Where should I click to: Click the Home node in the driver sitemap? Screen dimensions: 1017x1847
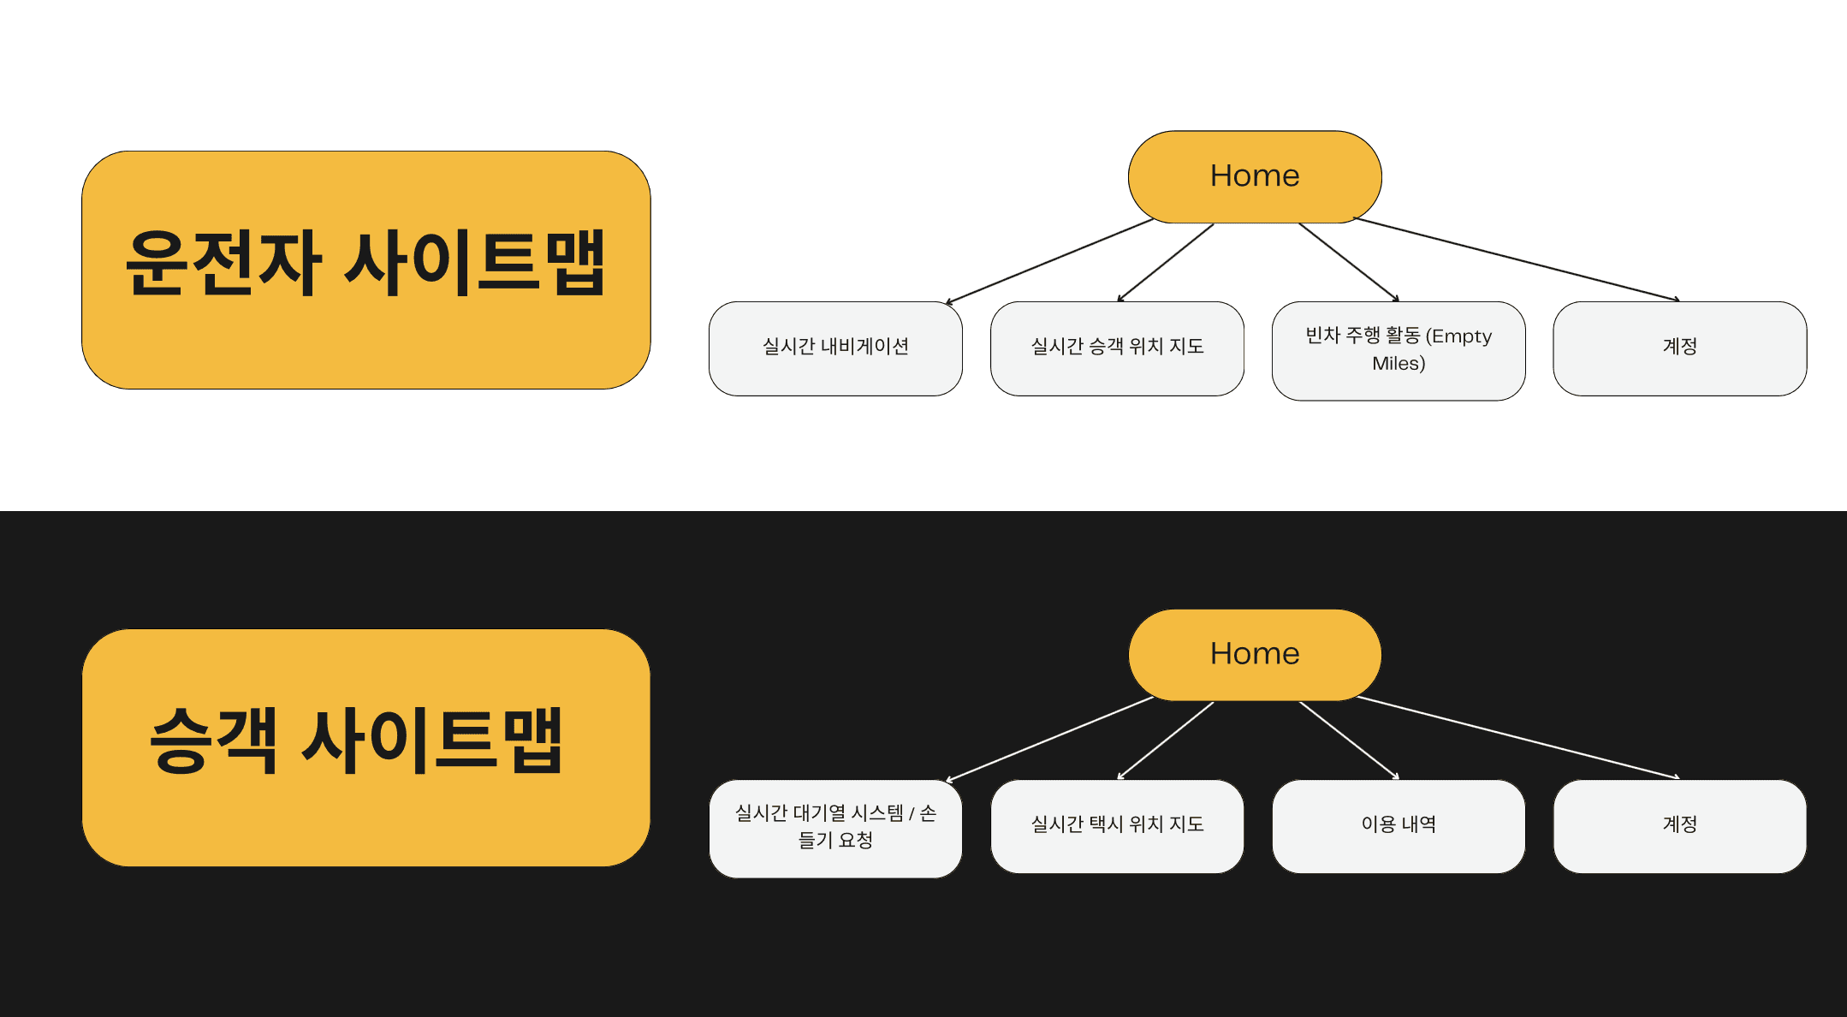pos(1255,176)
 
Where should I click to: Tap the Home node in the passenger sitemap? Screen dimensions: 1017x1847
pos(1255,654)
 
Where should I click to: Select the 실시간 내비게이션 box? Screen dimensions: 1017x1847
pos(835,348)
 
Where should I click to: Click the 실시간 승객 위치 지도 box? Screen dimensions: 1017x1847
pos(1117,348)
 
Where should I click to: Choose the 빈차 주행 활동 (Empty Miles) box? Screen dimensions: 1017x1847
pos(1399,350)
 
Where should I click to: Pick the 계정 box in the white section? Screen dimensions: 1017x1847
pos(1679,348)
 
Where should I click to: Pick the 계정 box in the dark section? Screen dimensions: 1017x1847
pos(1679,825)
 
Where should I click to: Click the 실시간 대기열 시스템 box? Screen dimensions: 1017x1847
pos(835,828)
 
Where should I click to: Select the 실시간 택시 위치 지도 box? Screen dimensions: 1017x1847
pos(1117,825)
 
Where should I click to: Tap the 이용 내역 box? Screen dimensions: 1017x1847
pos(1399,825)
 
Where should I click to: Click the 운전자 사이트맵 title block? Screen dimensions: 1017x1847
pos(366,270)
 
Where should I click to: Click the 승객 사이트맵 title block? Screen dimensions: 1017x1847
pos(366,747)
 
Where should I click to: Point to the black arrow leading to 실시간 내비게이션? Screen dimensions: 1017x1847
pos(1050,261)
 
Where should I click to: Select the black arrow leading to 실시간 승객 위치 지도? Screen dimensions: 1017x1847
pos(1166,262)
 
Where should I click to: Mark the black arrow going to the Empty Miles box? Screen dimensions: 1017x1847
pos(1349,262)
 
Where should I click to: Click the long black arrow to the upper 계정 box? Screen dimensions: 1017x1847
pos(1517,259)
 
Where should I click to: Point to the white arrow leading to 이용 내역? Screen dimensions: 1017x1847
pos(1349,740)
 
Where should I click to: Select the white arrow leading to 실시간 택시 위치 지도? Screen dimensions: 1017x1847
pos(1166,740)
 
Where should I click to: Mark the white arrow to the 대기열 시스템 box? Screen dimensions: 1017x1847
pos(1050,739)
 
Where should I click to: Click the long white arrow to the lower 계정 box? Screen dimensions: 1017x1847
pos(1517,737)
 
